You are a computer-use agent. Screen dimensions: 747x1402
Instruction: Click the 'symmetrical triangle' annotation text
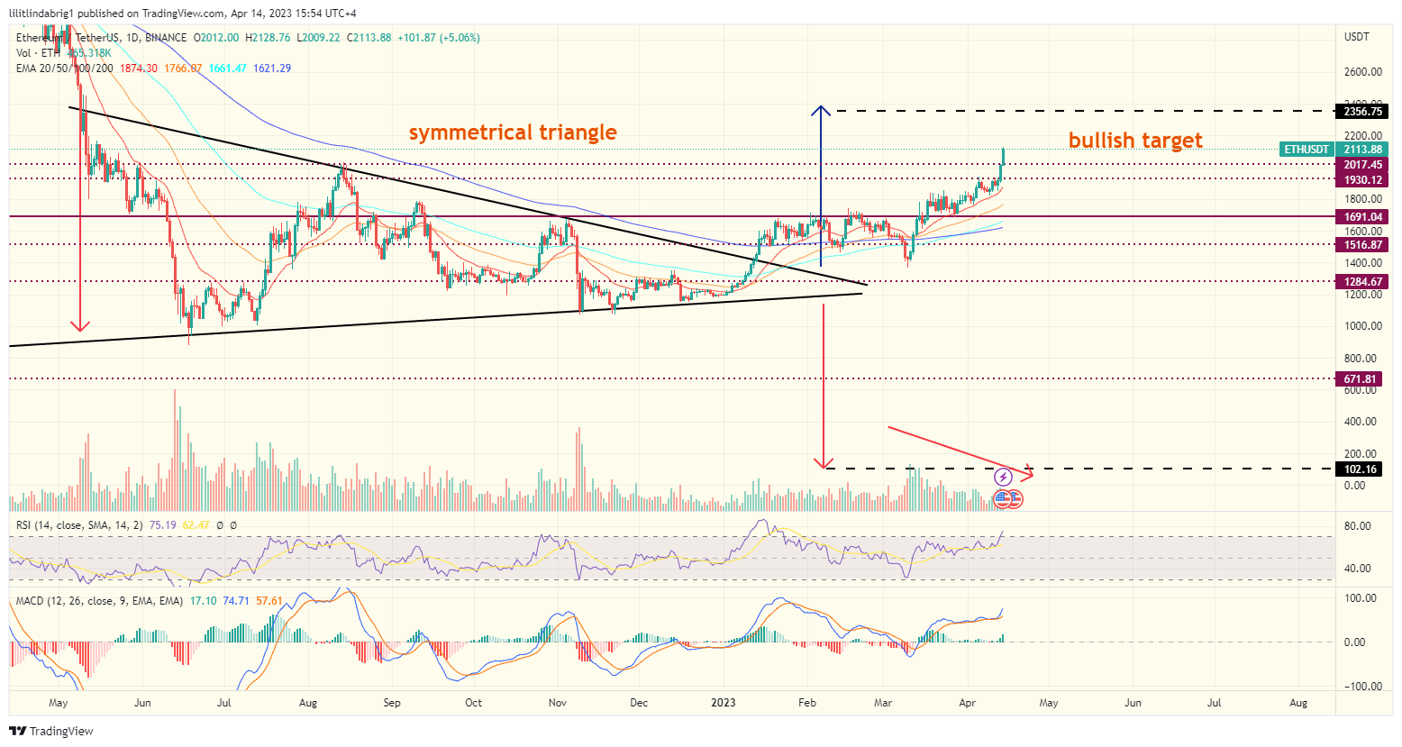click(513, 132)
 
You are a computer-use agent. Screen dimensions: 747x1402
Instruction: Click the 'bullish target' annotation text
click(1134, 141)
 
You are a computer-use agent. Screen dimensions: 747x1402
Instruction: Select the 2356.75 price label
click(1361, 112)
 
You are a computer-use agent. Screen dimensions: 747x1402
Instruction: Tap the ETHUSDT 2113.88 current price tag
click(1334, 150)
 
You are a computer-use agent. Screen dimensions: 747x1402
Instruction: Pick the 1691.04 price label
click(1361, 217)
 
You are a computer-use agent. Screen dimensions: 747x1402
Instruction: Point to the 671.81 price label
click(1361, 379)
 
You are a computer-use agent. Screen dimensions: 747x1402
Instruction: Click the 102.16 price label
click(1361, 469)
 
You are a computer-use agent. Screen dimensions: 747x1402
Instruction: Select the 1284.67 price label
click(1361, 282)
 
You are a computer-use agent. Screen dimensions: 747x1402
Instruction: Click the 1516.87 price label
click(1361, 245)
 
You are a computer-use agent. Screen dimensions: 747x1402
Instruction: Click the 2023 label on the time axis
click(723, 703)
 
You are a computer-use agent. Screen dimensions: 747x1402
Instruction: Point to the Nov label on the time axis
click(557, 703)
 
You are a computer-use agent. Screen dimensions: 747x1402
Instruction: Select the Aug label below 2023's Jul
click(1298, 703)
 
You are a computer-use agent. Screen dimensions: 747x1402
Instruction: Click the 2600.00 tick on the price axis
click(1362, 72)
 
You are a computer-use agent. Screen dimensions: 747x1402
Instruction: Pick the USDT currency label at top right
click(1356, 37)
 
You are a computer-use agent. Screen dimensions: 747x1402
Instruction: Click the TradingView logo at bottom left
click(51, 731)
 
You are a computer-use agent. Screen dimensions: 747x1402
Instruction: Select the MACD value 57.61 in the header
click(269, 601)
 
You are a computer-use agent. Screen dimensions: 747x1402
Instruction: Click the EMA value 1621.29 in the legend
click(272, 68)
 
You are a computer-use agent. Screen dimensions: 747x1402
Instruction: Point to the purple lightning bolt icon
click(1003, 478)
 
